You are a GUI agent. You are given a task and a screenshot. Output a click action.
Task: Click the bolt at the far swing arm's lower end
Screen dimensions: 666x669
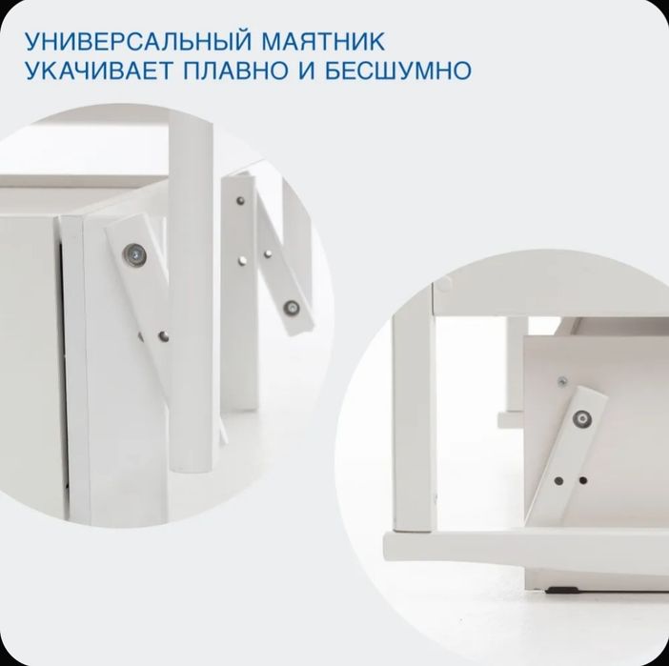tap(293, 307)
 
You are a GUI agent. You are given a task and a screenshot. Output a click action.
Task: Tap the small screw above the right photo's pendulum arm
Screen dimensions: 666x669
tap(564, 383)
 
